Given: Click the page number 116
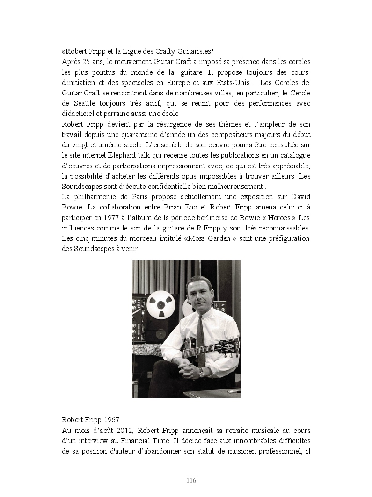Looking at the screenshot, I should click(x=191, y=481).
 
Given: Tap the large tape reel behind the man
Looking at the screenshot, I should click(x=161, y=304).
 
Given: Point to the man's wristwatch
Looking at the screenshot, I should click(x=201, y=373).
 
